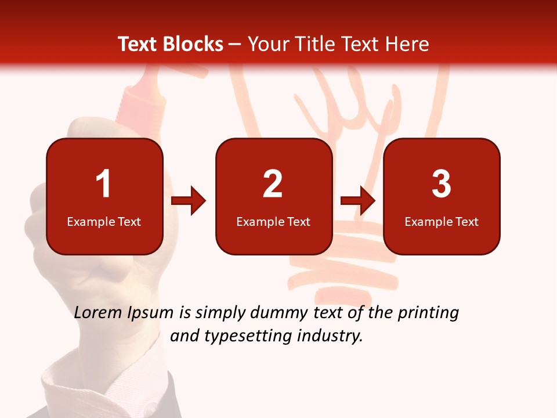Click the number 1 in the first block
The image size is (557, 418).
point(103,184)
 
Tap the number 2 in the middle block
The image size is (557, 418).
point(273,184)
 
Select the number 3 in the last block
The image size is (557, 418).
point(442,184)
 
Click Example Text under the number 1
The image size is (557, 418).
point(104,222)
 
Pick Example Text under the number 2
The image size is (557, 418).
point(273,222)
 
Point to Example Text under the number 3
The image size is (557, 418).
point(442,222)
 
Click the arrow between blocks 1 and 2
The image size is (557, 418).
point(189,201)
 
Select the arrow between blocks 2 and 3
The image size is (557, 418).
point(358,201)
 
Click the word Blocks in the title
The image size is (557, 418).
point(193,45)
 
